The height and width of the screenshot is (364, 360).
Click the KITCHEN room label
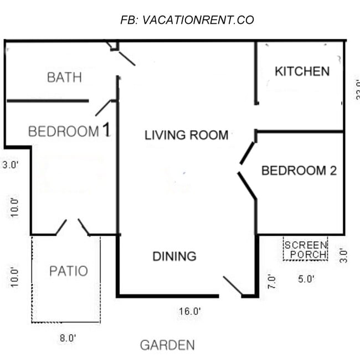point(302,71)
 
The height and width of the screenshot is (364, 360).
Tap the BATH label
point(64,77)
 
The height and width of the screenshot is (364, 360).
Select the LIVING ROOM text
point(186,135)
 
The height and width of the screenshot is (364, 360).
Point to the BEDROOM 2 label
point(299,170)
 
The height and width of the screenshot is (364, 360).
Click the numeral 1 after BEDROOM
point(107,131)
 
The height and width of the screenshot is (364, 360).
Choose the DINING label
point(174,257)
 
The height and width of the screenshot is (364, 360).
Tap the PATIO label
point(68,271)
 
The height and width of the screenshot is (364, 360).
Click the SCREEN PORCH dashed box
point(305,249)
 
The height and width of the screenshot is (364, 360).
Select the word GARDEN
point(167,346)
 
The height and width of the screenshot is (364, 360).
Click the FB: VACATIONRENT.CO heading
point(187,20)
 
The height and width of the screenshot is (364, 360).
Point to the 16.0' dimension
point(189,311)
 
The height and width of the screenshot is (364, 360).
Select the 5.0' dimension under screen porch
point(306,279)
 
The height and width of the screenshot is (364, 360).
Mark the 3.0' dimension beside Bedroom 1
point(11,164)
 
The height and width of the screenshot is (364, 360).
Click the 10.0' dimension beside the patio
point(15,276)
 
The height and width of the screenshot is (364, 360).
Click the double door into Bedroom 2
point(247,170)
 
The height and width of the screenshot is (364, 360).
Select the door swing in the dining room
point(233,287)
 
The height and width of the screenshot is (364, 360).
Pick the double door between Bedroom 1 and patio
point(72,227)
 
